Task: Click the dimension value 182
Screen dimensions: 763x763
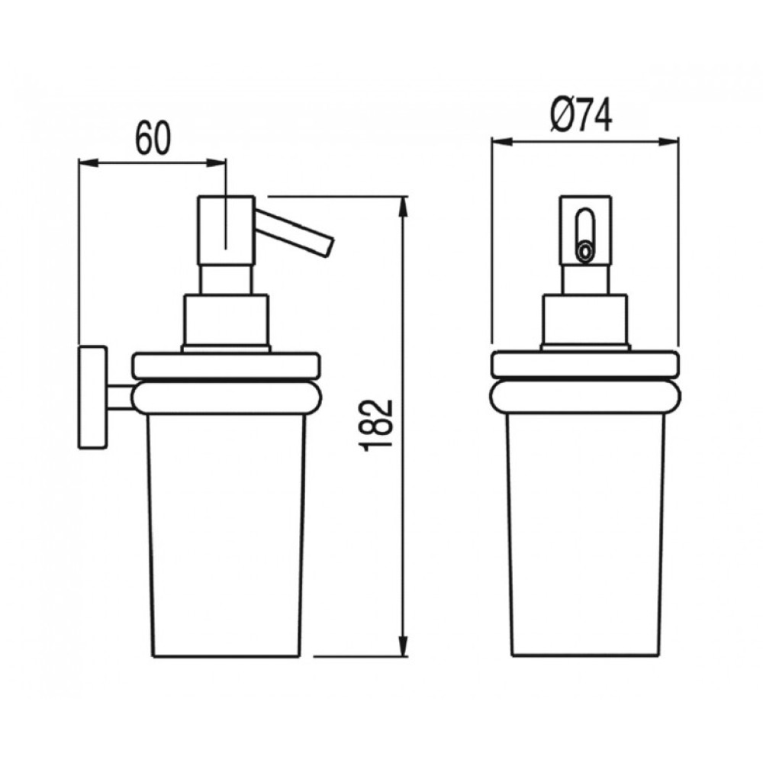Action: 378,423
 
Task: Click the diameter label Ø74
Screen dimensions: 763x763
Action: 581,115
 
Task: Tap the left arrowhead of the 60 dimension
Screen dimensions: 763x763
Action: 88,163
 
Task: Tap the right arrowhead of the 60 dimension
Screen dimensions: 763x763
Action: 217,163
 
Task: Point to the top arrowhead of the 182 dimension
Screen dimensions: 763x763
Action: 404,207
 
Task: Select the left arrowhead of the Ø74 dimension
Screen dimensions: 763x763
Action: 502,142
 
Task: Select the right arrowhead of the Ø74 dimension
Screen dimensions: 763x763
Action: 668,142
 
